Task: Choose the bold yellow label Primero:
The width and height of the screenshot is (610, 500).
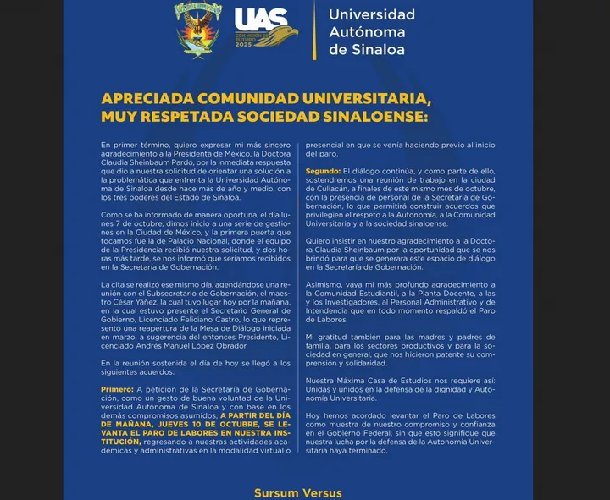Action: (x=121, y=389)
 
